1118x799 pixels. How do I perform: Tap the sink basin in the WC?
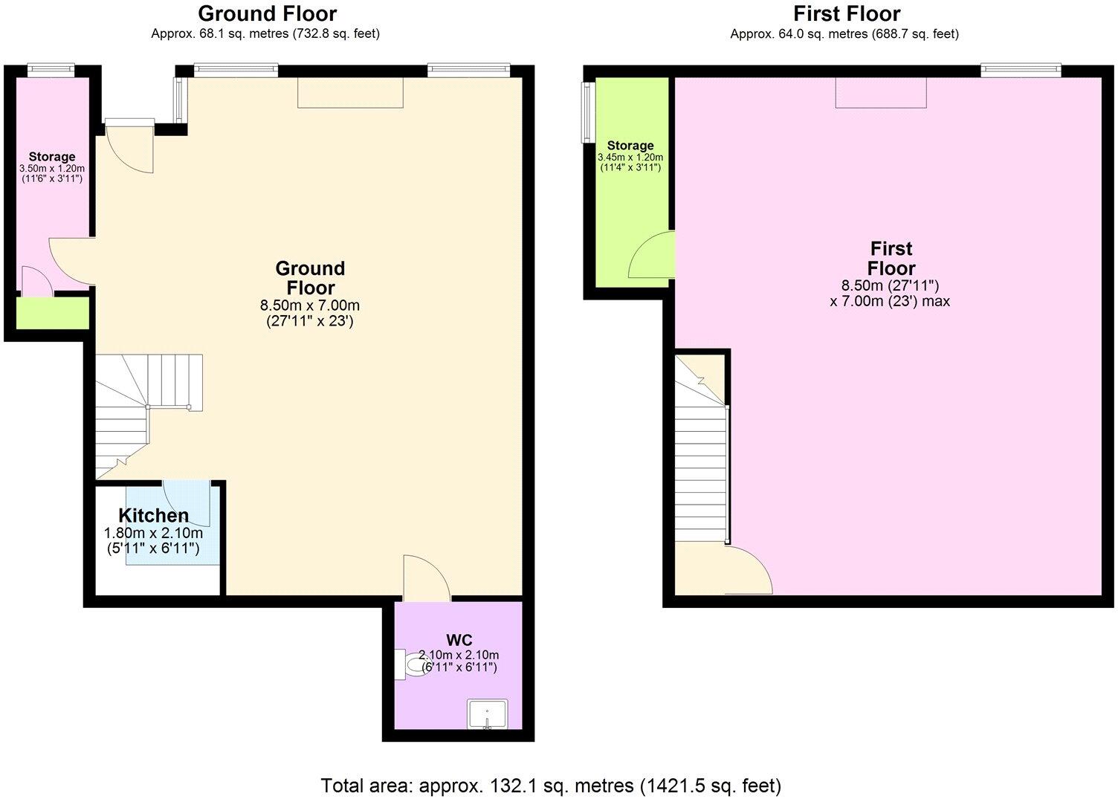(487, 714)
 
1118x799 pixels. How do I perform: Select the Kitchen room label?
(154, 515)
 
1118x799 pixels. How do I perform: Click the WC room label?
(459, 640)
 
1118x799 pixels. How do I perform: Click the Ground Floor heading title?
(267, 13)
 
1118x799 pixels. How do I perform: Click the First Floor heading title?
(846, 13)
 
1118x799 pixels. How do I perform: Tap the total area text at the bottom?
(551, 785)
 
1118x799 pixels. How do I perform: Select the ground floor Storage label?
(52, 157)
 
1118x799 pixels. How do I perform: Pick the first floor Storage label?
(630, 146)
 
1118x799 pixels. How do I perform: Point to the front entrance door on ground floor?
(129, 146)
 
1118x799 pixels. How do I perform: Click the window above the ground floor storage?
(51, 70)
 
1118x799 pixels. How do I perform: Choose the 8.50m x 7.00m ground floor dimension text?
(310, 305)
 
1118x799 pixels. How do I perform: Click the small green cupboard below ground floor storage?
(53, 313)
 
